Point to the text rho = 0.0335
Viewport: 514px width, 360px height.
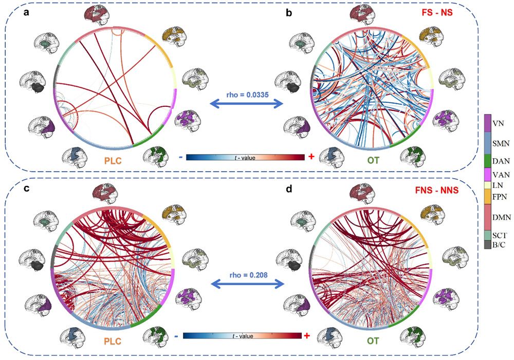(247, 93)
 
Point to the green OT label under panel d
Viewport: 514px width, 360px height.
(373, 339)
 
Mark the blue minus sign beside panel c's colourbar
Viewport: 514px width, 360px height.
(176, 336)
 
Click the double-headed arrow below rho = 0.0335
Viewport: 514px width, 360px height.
(247, 104)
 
